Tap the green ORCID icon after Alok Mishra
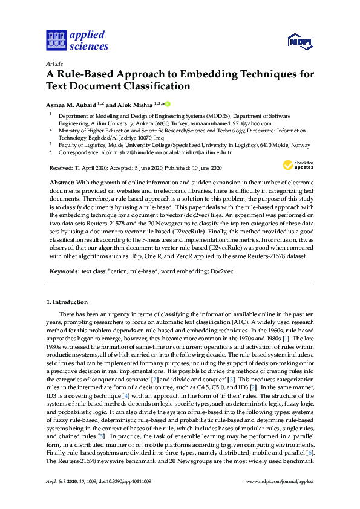tap(168, 103)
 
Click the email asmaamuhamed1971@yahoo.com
tap(239, 122)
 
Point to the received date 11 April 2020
tap(90, 167)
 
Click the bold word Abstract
tap(62, 182)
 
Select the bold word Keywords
tap(63, 272)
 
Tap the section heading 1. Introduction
tap(67, 302)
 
